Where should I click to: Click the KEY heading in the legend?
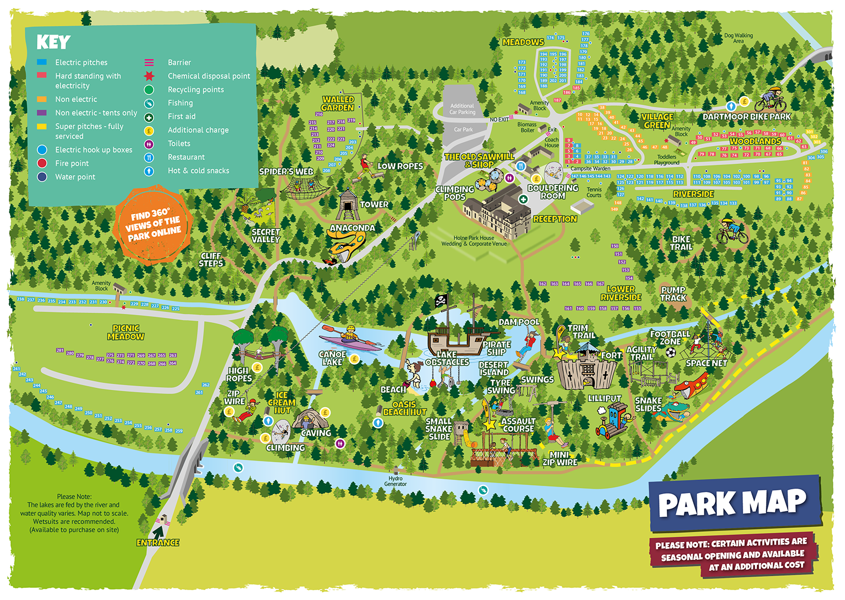53,42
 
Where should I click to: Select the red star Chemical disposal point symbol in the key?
149,76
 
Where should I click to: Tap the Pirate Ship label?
497,348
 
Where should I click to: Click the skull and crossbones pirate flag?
441,301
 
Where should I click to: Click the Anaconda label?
352,228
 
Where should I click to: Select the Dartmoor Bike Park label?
746,117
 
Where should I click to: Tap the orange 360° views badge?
153,225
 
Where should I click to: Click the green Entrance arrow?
158,532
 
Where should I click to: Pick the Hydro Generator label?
395,481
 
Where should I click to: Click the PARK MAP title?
732,503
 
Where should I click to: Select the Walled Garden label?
338,103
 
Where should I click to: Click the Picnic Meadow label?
125,332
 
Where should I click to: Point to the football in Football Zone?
671,352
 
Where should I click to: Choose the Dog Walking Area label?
738,38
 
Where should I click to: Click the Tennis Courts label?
594,192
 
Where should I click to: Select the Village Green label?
657,121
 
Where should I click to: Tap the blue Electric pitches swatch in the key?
42,62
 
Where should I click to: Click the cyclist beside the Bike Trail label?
732,231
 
